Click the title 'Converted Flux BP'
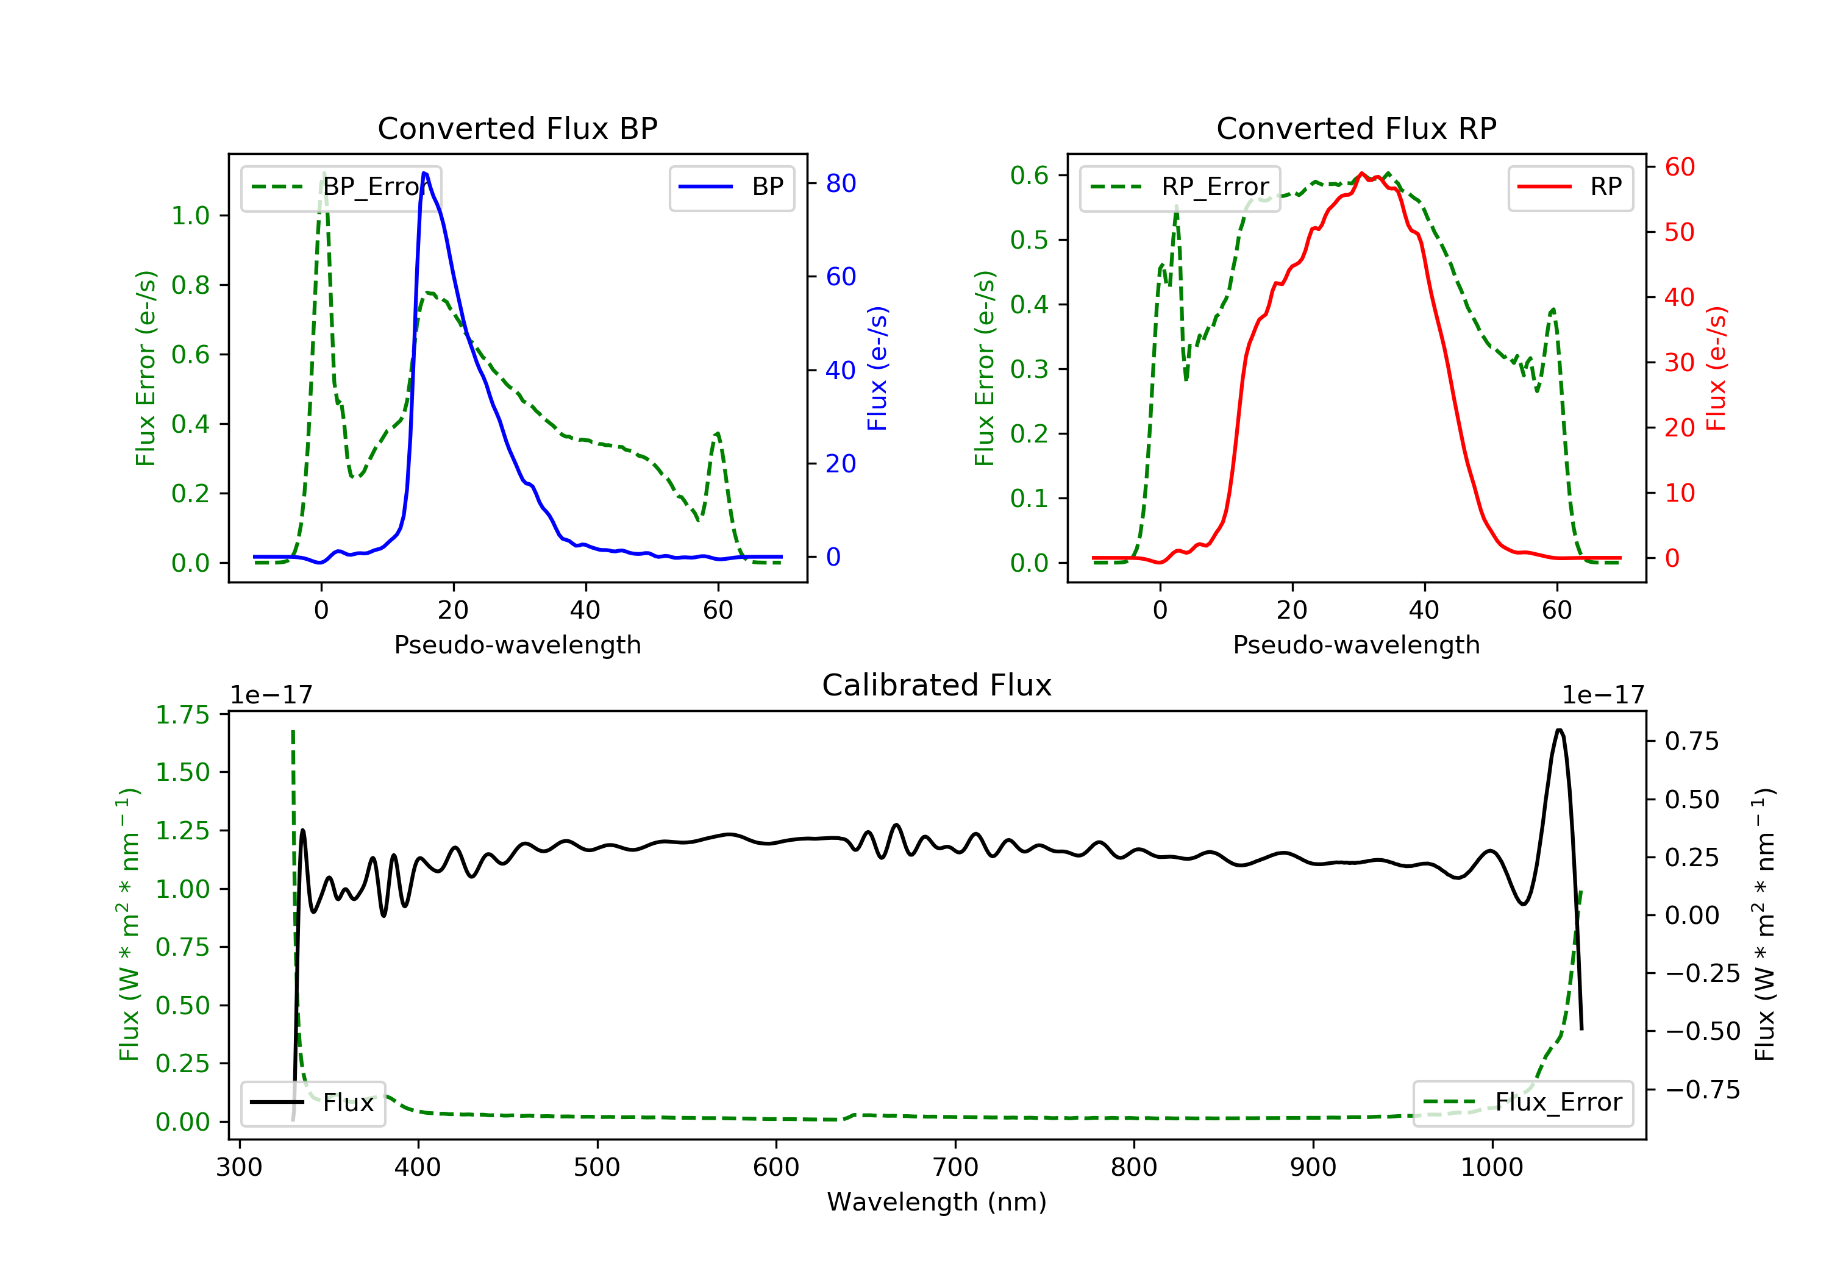[x=517, y=128]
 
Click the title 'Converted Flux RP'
[x=1356, y=128]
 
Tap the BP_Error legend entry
[x=341, y=187]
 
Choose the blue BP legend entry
[x=731, y=187]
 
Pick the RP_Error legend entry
[x=1180, y=187]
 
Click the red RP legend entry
[x=1570, y=187]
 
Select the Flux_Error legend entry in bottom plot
[x=1522, y=1103]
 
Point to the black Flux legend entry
[x=312, y=1103]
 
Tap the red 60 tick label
[x=1679, y=167]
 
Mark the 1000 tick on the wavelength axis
[x=1491, y=1168]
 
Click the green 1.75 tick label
[x=182, y=715]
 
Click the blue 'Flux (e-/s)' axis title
[x=877, y=369]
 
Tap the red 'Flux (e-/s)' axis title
[x=1716, y=369]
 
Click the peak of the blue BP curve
[x=424, y=173]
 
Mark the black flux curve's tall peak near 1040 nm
[x=1558, y=730]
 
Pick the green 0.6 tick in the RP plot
[x=1029, y=175]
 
